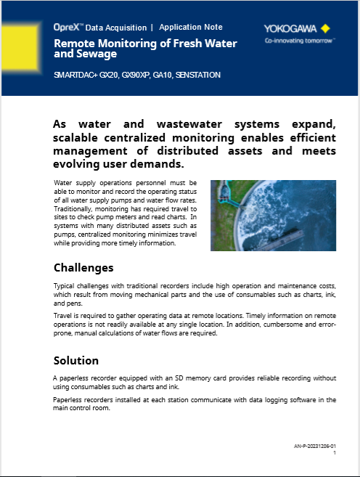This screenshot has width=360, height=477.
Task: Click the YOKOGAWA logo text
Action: [x=290, y=29]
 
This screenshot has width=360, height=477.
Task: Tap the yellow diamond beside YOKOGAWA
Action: [x=325, y=29]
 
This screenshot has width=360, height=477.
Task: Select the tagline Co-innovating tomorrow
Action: [x=299, y=41]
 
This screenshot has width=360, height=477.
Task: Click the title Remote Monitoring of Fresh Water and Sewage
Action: [x=145, y=49]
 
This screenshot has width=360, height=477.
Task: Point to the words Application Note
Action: [x=191, y=27]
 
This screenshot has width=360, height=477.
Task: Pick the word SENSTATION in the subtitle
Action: [x=197, y=75]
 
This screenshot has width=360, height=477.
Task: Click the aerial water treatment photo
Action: [x=273, y=215]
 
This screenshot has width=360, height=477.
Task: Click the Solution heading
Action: [x=76, y=361]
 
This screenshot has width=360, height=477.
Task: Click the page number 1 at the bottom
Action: [x=334, y=452]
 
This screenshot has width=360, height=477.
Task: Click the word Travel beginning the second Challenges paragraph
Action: [x=64, y=316]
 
